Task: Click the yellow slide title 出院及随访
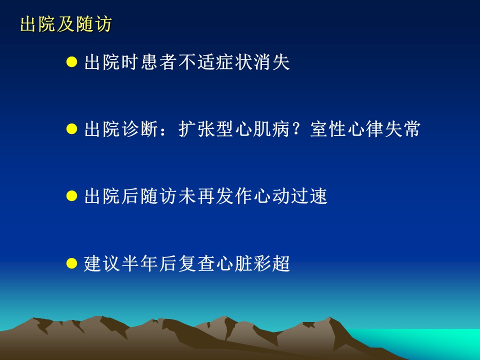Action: tap(66, 24)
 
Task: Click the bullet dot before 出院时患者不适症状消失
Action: tap(71, 62)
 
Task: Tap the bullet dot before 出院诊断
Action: tap(71, 129)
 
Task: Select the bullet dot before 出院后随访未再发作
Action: tap(71, 196)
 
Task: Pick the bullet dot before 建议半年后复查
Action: tap(71, 263)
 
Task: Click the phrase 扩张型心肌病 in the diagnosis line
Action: tap(234, 129)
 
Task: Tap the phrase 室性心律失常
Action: tap(365, 129)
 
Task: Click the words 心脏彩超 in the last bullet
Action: tap(253, 263)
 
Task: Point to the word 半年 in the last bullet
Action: tap(140, 263)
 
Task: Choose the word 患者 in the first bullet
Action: tap(159, 62)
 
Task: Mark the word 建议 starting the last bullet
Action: tap(102, 263)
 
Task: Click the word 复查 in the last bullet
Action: tap(196, 263)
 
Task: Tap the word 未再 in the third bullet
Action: tap(196, 196)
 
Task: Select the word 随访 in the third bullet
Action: tap(159, 196)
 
